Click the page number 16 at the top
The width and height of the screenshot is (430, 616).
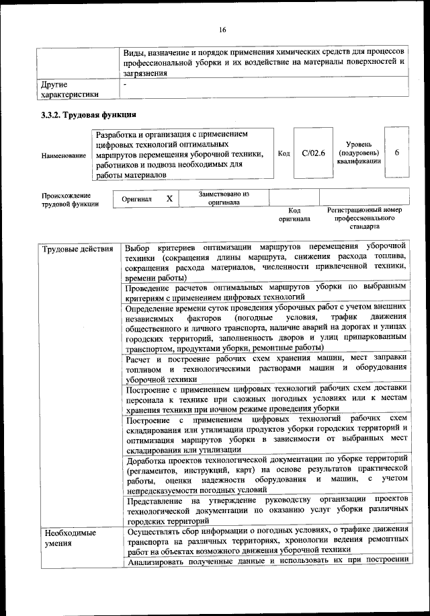[x=222, y=29]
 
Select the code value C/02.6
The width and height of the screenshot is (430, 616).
[x=314, y=153]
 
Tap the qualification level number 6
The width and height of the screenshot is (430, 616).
[x=396, y=153]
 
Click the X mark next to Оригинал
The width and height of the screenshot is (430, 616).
[x=170, y=198]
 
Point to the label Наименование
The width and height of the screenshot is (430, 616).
[x=64, y=156]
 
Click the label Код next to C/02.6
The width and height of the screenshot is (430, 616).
[x=284, y=153]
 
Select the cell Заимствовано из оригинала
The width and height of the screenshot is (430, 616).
[x=225, y=198]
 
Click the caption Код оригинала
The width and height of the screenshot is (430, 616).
[x=294, y=215]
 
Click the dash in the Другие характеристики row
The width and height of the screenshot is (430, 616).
[x=125, y=85]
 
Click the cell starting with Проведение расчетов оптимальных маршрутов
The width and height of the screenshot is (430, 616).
[x=266, y=291]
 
